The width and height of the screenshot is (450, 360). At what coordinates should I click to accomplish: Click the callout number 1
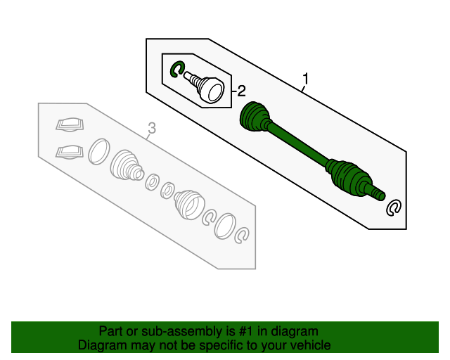pyautogui.click(x=306, y=77)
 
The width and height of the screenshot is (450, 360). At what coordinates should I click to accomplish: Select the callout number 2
pyautogui.click(x=240, y=91)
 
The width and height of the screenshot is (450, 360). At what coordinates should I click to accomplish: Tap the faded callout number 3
pyautogui.click(x=150, y=128)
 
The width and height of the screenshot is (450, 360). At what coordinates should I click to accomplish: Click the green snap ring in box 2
pyautogui.click(x=177, y=68)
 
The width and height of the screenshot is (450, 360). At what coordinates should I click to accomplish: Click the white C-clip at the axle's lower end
pyautogui.click(x=394, y=207)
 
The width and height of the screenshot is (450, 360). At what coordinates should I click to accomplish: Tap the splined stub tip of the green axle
pyautogui.click(x=378, y=193)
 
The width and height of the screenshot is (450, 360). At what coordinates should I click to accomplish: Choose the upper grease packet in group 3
pyautogui.click(x=69, y=125)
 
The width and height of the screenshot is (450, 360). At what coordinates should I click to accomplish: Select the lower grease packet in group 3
pyautogui.click(x=69, y=150)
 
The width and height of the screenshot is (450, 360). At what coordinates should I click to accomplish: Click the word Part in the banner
pyautogui.click(x=111, y=330)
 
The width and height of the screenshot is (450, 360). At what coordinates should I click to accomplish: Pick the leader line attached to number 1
pyautogui.click(x=302, y=89)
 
